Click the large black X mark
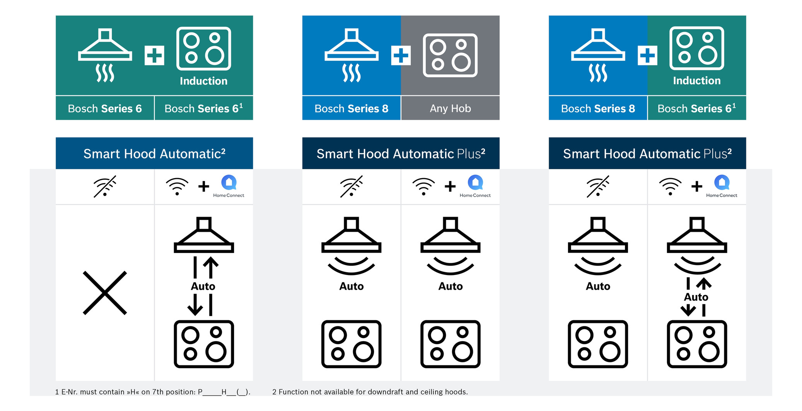pos(105,293)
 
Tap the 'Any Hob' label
pos(450,109)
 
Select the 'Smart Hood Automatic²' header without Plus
pos(154,154)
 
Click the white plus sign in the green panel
pos(154,55)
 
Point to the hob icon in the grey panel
pos(450,55)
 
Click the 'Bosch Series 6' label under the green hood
pos(105,109)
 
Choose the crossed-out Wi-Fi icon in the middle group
pos(351,186)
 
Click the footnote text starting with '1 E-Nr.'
pos(153,392)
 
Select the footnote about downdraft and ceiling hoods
pos(370,392)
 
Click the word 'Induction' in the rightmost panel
pos(696,80)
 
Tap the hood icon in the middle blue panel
pos(351,55)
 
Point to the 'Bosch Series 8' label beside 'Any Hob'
pos(351,109)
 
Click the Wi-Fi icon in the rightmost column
pos(670,186)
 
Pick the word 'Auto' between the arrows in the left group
pos(203,286)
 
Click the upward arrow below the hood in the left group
pos(211,267)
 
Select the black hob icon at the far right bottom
pos(697,344)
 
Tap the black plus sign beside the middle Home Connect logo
pos(450,187)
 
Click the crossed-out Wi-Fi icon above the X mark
pos(105,186)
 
